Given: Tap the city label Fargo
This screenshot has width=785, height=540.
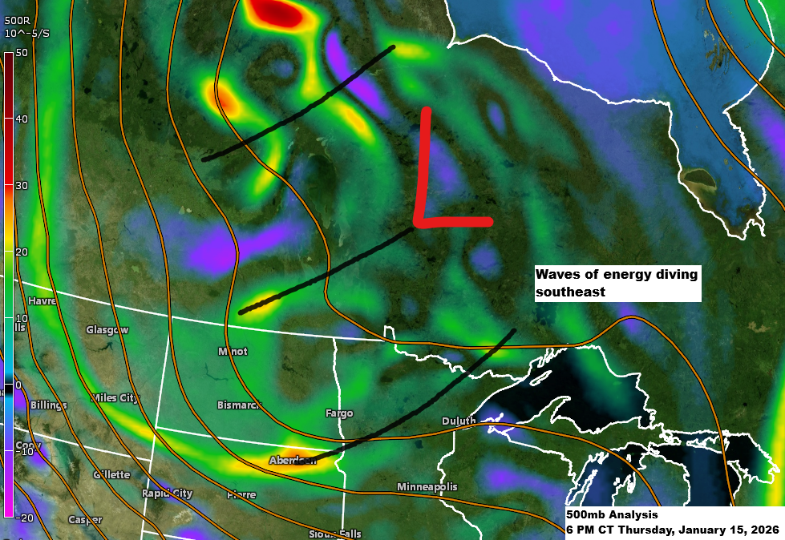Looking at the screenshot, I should tap(339, 413).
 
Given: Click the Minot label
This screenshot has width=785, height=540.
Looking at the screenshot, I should tap(233, 351).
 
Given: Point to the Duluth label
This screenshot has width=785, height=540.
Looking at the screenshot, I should tap(459, 421).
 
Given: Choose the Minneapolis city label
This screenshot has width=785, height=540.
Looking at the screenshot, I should tap(427, 487).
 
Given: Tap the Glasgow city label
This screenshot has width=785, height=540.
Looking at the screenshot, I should tap(107, 330).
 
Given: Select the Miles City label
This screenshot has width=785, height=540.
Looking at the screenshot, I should tap(115, 398).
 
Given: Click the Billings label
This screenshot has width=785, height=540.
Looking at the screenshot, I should tap(48, 405).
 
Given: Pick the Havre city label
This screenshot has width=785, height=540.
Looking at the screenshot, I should tap(42, 301).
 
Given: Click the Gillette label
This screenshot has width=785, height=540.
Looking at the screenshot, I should tap(111, 474).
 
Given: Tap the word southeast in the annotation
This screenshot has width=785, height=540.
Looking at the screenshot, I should tap(569, 292).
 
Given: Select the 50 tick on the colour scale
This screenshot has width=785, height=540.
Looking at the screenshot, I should tap(22, 53).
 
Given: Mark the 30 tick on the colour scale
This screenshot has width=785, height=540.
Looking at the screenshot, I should tap(22, 186).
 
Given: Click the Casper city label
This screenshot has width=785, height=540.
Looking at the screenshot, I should tap(84, 520).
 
